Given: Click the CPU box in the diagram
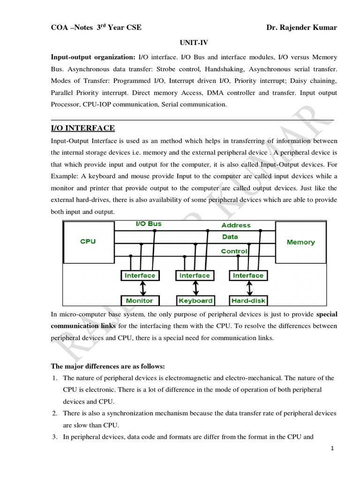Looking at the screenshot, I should (88, 241).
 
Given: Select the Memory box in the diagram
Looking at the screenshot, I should (300, 242).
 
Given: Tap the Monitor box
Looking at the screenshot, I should (139, 300).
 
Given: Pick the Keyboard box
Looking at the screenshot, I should (195, 300).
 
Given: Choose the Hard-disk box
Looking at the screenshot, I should (248, 300).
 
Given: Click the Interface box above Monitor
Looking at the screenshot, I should (139, 276).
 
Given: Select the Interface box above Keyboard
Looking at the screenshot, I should (195, 276).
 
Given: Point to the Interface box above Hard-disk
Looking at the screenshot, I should (248, 276).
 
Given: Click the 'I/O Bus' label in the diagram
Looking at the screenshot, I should (148, 224).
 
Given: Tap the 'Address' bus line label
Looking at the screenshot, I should (236, 225).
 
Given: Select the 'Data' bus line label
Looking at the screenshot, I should (230, 237).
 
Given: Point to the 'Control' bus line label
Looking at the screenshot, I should (234, 251).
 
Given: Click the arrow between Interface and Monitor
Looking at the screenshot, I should (139, 288).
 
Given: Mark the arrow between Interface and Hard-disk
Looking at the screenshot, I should (248, 288).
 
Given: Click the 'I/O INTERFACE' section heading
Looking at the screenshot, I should (82, 128).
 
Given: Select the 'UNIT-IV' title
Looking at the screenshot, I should (194, 42).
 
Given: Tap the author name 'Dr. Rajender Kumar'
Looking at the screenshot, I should (301, 28).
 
